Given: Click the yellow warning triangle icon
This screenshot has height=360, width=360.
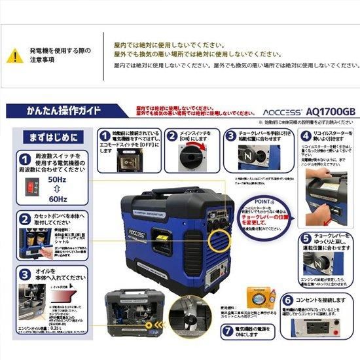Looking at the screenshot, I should click(14, 56).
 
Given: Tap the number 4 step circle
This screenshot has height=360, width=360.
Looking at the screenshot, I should click(306, 135).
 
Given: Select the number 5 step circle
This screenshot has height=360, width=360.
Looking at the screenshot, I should click(306, 238).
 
